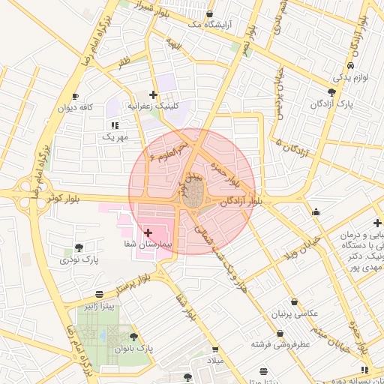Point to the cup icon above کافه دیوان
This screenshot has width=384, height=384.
[75, 96]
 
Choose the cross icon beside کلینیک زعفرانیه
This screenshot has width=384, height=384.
[154, 94]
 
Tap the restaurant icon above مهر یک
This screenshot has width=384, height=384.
[114, 125]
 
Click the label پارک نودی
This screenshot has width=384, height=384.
[80, 259]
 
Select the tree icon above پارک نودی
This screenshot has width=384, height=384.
[79, 247]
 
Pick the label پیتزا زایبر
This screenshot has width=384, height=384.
[99, 306]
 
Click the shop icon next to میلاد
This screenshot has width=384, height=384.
[215, 349]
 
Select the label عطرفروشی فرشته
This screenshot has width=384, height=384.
[281, 344]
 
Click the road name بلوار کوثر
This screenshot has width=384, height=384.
[63, 199]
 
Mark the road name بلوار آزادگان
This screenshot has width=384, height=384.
[241, 202]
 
